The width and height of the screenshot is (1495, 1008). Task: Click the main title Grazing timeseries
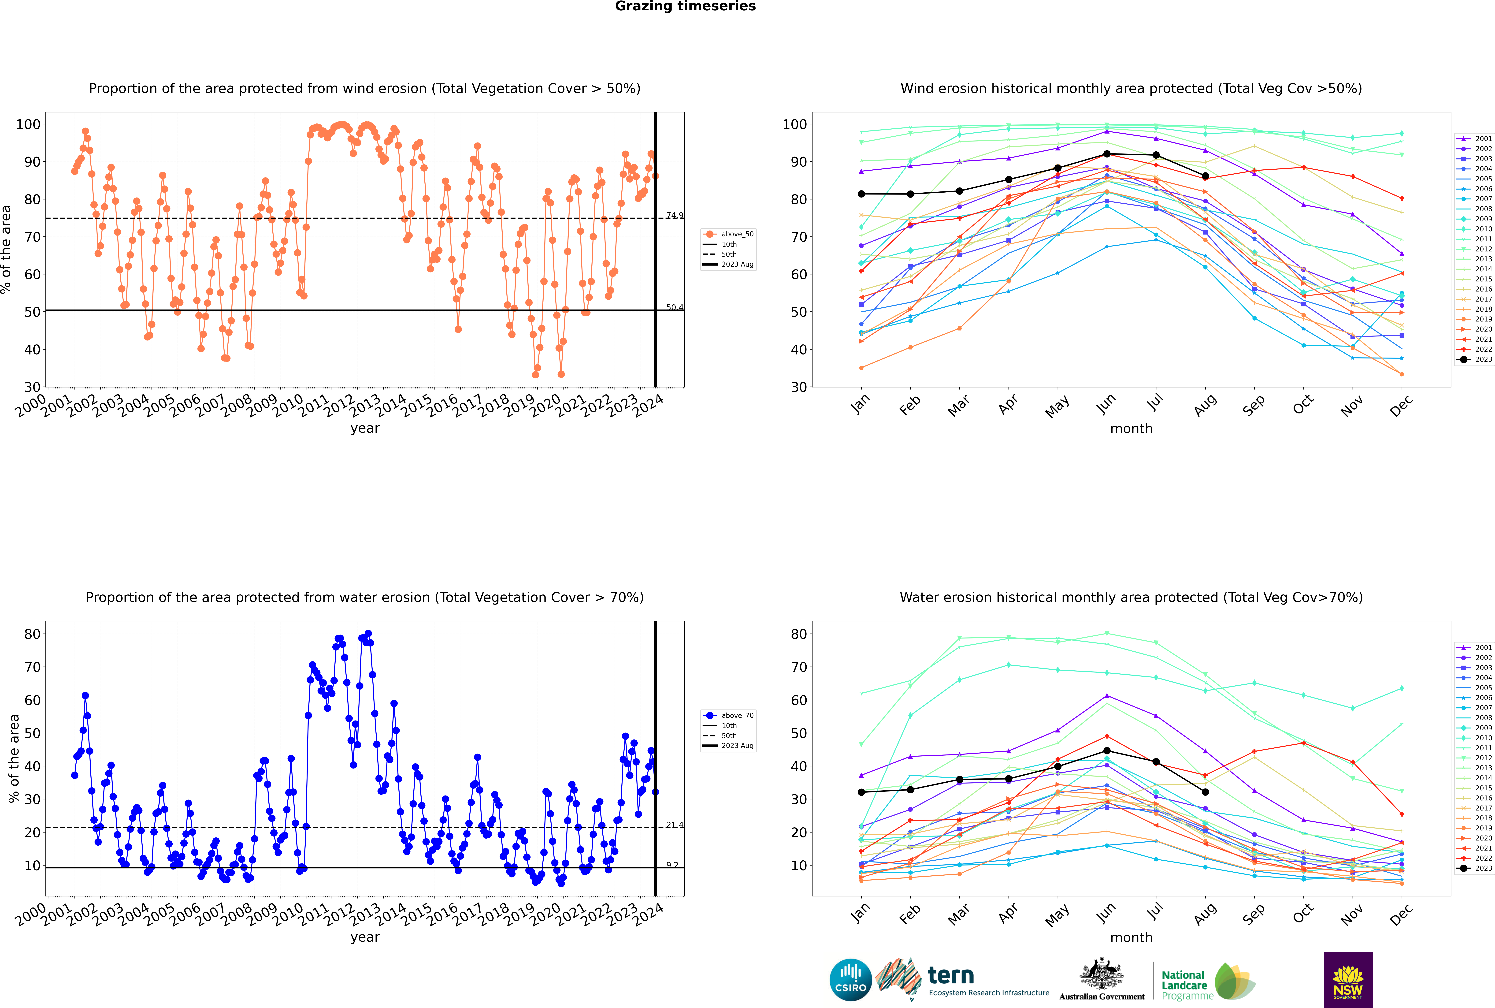(x=685, y=6)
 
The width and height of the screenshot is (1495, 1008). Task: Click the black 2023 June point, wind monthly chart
(x=1107, y=154)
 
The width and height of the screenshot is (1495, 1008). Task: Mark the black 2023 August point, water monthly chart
(x=1205, y=792)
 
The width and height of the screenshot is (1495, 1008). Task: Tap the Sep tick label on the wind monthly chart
(x=1254, y=405)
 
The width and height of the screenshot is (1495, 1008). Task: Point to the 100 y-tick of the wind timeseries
(x=28, y=124)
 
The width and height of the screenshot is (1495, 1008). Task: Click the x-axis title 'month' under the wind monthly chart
(x=1131, y=429)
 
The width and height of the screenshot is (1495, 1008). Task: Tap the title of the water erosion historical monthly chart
(x=1131, y=597)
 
